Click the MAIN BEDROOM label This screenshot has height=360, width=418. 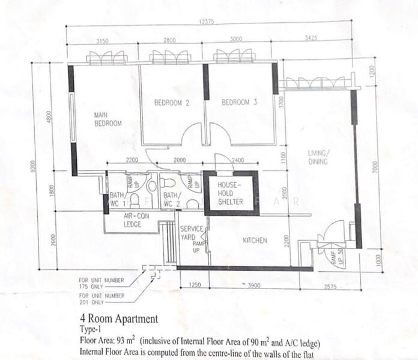click(108, 119)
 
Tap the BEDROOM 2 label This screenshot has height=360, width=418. click(172, 103)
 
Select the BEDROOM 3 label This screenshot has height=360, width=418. click(239, 103)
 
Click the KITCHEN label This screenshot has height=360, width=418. click(255, 241)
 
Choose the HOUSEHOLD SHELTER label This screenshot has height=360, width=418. click(230, 194)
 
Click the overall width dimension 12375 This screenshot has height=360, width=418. click(206, 22)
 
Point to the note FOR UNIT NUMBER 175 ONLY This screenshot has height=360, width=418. click(101, 283)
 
